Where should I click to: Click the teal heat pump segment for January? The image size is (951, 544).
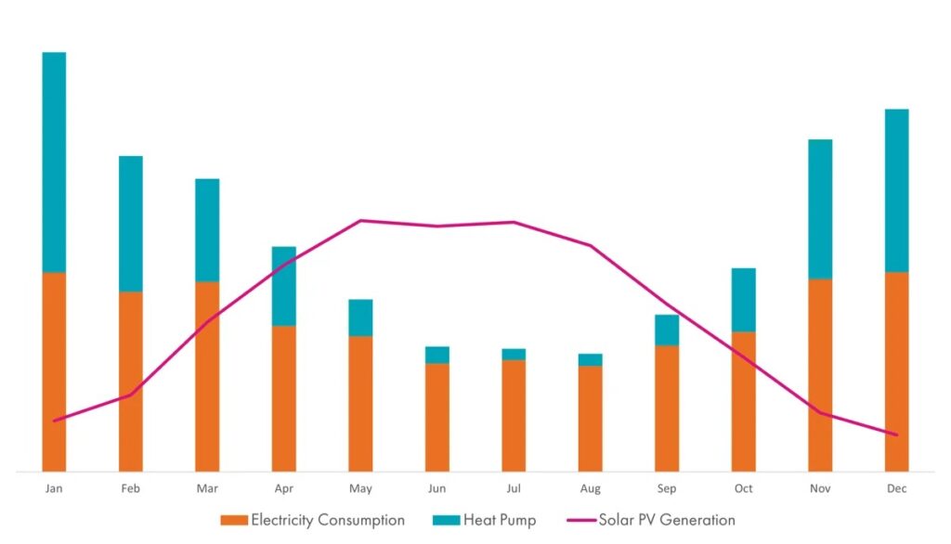pyautogui.click(x=54, y=162)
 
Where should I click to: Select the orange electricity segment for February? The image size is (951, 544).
pyautogui.click(x=130, y=382)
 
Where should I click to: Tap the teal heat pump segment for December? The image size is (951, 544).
pyautogui.click(x=896, y=190)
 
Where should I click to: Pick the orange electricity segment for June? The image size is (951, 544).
pyautogui.click(x=437, y=417)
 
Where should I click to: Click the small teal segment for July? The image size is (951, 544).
pyautogui.click(x=514, y=355)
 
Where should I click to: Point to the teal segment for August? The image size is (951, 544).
pyautogui.click(x=590, y=359)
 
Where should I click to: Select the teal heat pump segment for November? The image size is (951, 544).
pyautogui.click(x=820, y=209)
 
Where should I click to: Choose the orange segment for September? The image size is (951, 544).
pyautogui.click(x=667, y=408)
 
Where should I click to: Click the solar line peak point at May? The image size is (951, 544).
pyautogui.click(x=361, y=221)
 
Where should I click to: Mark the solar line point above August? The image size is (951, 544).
pyautogui.click(x=590, y=246)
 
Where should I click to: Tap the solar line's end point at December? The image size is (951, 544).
pyautogui.click(x=896, y=434)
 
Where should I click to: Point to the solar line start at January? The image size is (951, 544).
pyautogui.click(x=54, y=421)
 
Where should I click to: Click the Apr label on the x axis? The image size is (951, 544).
pyautogui.click(x=284, y=488)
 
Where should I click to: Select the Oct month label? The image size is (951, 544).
pyautogui.click(x=744, y=488)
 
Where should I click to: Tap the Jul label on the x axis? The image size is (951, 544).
pyautogui.click(x=514, y=488)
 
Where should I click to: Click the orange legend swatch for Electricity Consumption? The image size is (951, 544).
pyautogui.click(x=234, y=521)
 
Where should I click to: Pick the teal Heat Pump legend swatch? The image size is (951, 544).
pyautogui.click(x=447, y=521)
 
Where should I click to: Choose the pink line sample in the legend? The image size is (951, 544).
pyautogui.click(x=581, y=521)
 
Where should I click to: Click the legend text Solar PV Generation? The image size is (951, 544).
pyautogui.click(x=667, y=520)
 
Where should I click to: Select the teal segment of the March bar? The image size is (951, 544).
pyautogui.click(x=207, y=230)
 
